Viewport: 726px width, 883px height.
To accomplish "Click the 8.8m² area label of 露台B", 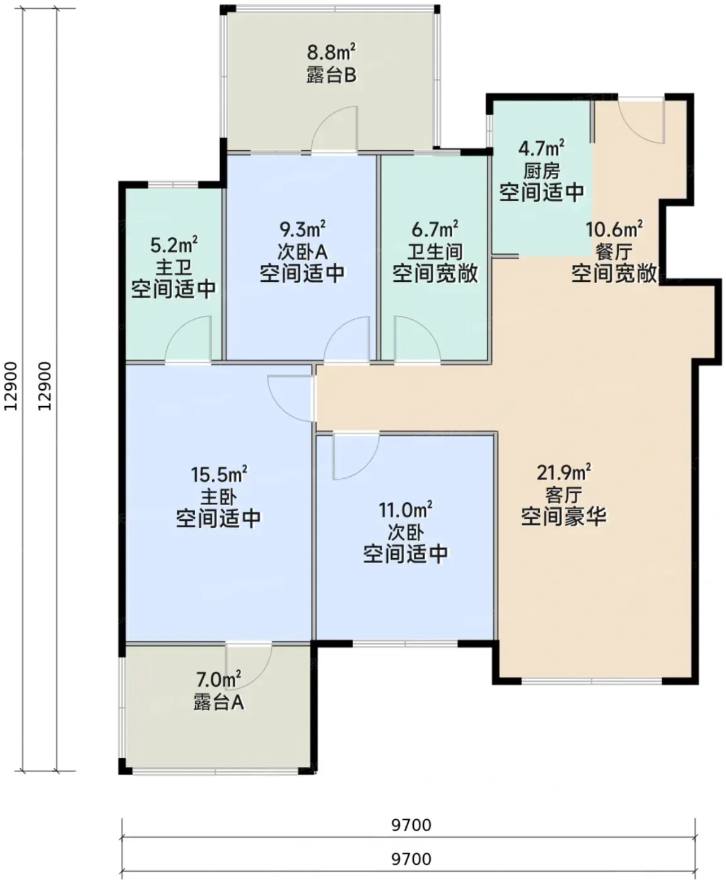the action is click(331, 52).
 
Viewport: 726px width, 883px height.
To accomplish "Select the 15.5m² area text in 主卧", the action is click(218, 474).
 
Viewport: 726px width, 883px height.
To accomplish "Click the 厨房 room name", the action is click(542, 170).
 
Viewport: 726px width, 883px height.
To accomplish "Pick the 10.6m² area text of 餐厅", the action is click(614, 229).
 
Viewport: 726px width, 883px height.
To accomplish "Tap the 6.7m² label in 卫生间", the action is click(435, 229).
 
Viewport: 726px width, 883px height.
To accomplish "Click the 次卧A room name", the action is click(302, 252).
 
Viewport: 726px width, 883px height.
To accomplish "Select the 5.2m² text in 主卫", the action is click(174, 245).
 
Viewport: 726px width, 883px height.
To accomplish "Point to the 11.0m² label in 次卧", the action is click(406, 510).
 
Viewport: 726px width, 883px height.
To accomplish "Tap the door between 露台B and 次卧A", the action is click(335, 129).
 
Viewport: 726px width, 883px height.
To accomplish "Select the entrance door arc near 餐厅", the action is click(641, 122).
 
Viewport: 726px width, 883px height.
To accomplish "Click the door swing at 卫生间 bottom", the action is click(417, 339).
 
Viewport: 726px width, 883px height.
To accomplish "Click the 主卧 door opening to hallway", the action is click(291, 399).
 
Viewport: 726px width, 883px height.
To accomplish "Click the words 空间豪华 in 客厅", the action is click(564, 517).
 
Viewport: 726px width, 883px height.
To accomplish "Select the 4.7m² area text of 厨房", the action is click(542, 148).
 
